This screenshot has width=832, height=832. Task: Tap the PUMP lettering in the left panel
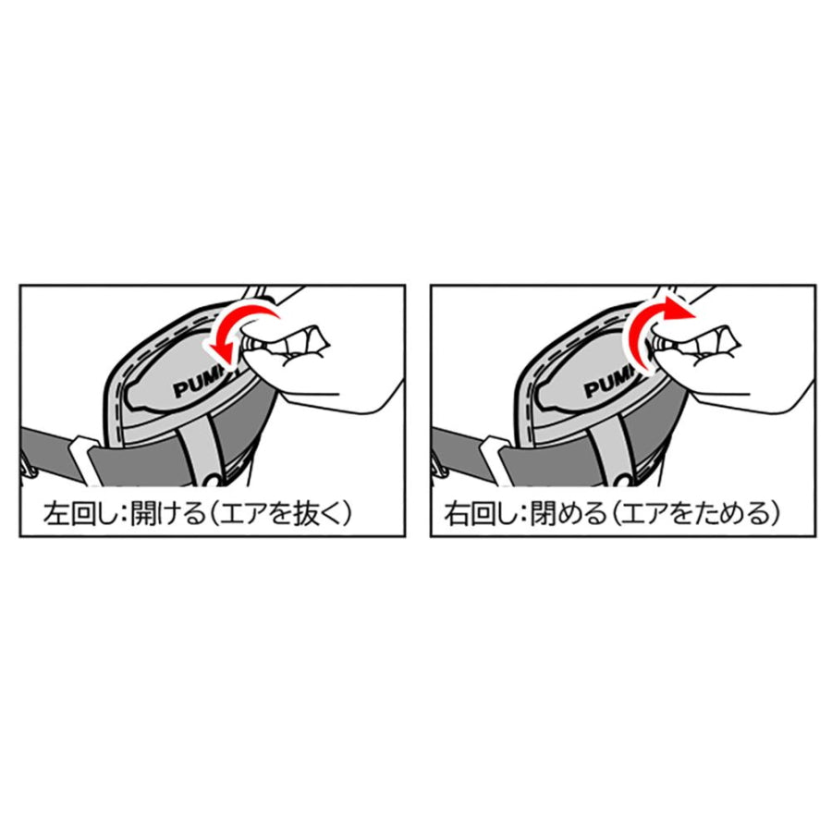(198, 381)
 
